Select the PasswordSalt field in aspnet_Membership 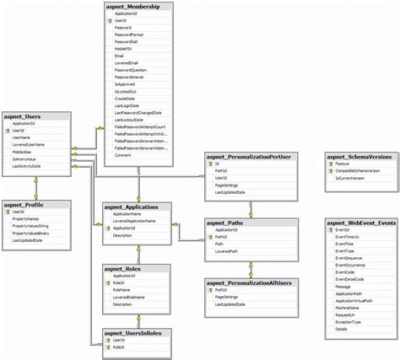129,41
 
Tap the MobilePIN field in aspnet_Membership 125,49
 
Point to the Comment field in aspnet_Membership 123,155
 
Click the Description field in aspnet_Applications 123,235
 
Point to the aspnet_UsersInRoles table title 138,334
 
